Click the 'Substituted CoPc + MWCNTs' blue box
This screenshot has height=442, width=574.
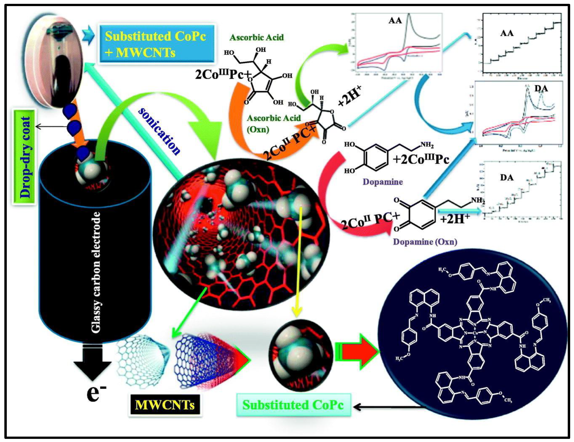(157, 44)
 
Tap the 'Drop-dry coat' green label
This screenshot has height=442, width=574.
(24, 157)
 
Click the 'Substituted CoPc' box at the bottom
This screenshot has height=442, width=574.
(293, 405)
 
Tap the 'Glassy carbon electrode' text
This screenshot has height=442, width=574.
(96, 272)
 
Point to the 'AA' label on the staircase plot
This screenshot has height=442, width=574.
(507, 33)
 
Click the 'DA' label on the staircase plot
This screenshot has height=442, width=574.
(506, 178)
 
